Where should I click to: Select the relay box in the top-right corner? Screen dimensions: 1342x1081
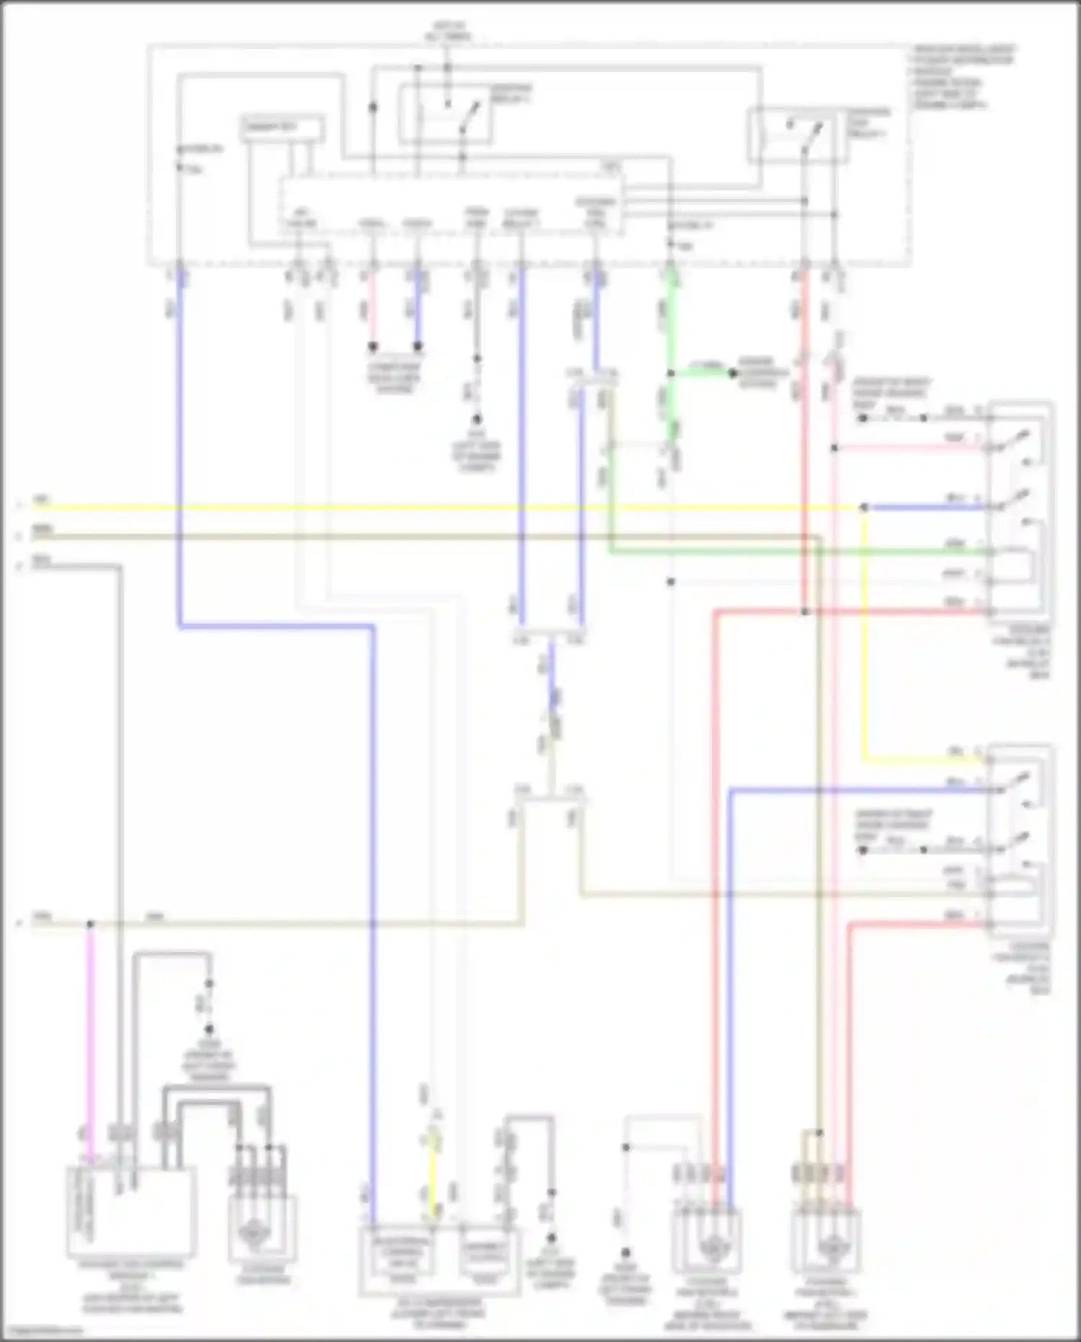(798, 135)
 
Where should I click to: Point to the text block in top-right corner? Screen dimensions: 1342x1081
(962, 76)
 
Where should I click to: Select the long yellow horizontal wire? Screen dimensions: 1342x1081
(432, 508)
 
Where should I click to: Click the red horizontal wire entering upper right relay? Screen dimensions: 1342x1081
(850, 612)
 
